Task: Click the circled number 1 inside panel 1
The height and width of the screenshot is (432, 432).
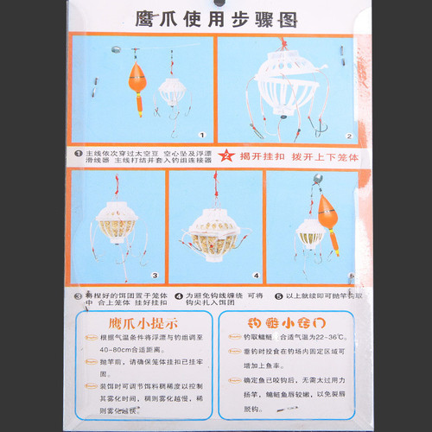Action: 200,136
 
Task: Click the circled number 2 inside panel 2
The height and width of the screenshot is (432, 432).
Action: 350,136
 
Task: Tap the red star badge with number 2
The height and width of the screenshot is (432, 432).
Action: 226,156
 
